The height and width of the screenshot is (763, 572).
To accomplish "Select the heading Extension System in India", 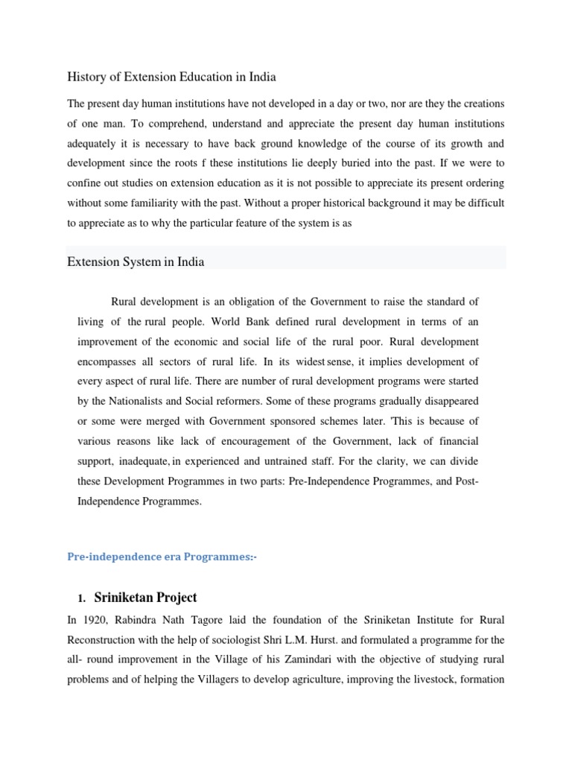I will [x=136, y=262].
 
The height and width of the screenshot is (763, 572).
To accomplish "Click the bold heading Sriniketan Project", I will [x=145, y=598].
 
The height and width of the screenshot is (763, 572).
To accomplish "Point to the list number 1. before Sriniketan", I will [x=81, y=598].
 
